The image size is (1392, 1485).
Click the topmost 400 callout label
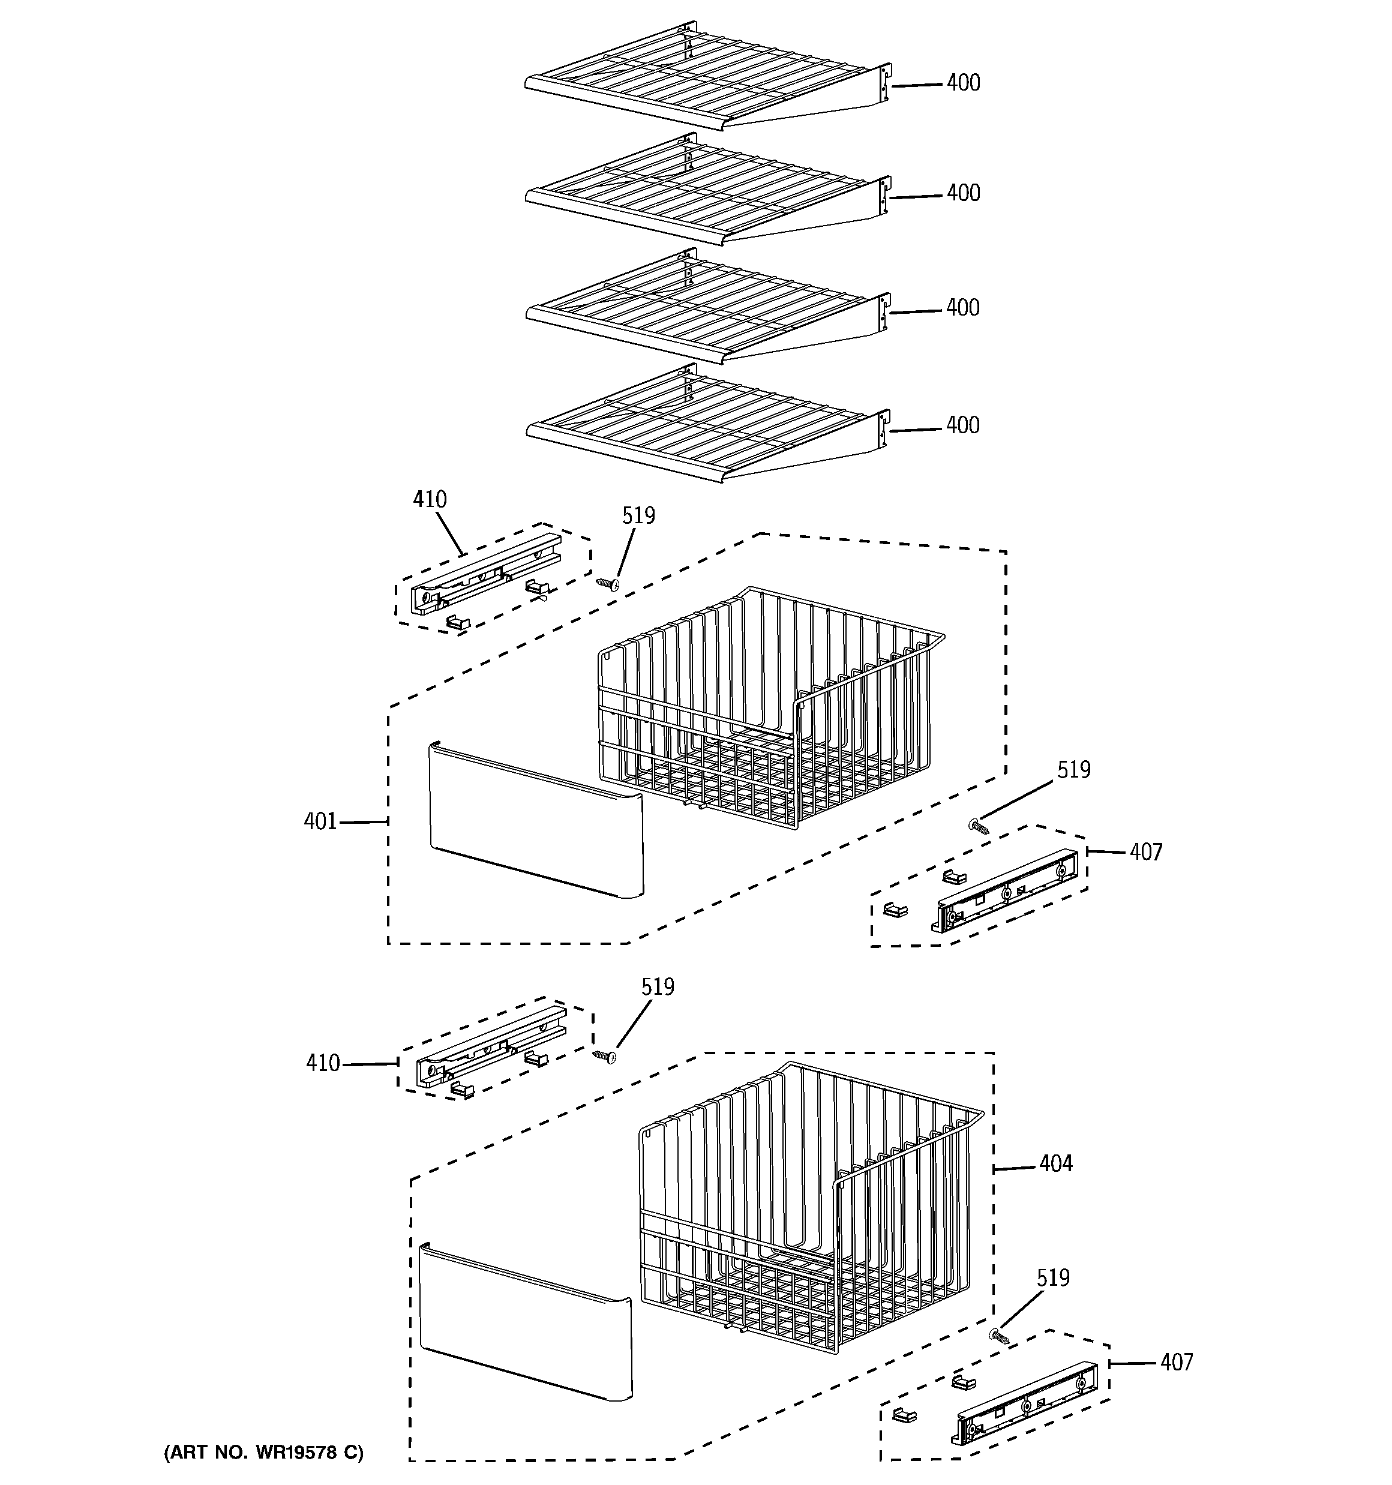[962, 83]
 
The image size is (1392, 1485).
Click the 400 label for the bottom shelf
[962, 425]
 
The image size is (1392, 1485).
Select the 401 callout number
[320, 821]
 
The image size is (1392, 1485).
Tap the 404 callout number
[1055, 1163]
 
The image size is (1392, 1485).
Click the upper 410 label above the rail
[430, 500]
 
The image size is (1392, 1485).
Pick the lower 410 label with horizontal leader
[323, 1063]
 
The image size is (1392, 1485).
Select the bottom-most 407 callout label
[1176, 1363]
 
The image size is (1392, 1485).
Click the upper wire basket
[770, 702]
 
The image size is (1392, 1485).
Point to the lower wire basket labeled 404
[807, 1202]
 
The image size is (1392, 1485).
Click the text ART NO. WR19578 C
[264, 1453]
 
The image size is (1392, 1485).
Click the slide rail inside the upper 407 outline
[1005, 891]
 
